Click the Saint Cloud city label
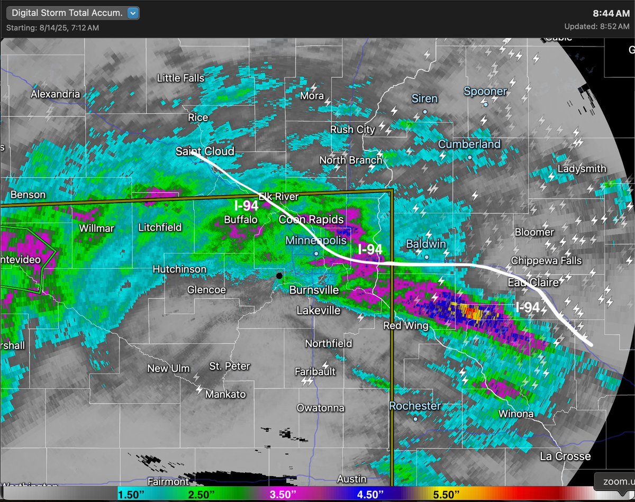point(205,152)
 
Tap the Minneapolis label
point(316,241)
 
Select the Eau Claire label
point(533,283)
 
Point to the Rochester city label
point(415,406)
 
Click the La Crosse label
point(565,456)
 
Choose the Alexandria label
point(55,94)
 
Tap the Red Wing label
point(405,325)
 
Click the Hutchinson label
point(179,269)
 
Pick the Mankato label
point(225,394)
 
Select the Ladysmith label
point(582,169)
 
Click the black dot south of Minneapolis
point(279,276)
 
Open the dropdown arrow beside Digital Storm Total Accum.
point(133,13)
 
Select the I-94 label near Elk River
point(246,206)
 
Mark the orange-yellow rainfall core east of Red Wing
point(468,311)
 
